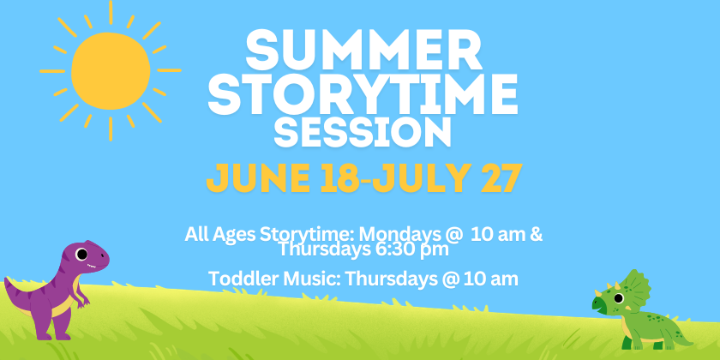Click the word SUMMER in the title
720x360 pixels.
tap(363, 50)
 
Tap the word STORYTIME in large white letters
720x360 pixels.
tap(363, 95)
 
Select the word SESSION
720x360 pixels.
tap(363, 132)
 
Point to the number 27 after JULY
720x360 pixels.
tap(501, 177)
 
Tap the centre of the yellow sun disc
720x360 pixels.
tap(111, 71)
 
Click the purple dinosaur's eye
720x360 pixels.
tap(81, 254)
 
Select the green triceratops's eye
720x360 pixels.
tap(619, 298)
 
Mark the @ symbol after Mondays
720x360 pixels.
tap(452, 235)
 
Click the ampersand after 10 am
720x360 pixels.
tap(537, 234)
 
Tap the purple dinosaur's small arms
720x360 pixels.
tap(82, 298)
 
